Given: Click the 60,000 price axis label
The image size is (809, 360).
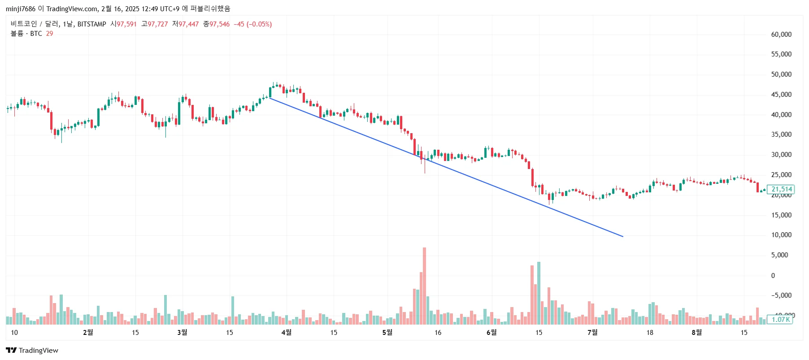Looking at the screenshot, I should point(781,35).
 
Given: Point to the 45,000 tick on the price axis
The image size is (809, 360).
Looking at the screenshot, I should point(781,95).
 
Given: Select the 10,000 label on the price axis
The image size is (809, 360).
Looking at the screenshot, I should point(781,235).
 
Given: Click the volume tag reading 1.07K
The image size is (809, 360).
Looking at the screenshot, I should point(781,320).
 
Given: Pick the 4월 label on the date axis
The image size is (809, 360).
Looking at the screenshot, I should point(286,332).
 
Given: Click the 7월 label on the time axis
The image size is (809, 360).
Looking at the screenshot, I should point(592,332).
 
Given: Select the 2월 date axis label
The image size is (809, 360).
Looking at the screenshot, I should point(88,332).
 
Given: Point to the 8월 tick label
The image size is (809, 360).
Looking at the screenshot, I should point(696,332).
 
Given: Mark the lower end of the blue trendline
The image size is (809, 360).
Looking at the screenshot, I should point(623,236).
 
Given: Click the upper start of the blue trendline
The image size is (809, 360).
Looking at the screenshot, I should point(269,98).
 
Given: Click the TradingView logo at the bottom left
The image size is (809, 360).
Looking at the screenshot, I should point(32,351).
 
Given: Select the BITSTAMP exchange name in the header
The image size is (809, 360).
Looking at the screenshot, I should point(91,24).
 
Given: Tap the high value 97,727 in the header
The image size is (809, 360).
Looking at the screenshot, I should point(157,24).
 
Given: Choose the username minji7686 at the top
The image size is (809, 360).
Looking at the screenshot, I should point(20,9).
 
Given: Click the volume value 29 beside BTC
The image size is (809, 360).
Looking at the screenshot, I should point(49,34).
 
